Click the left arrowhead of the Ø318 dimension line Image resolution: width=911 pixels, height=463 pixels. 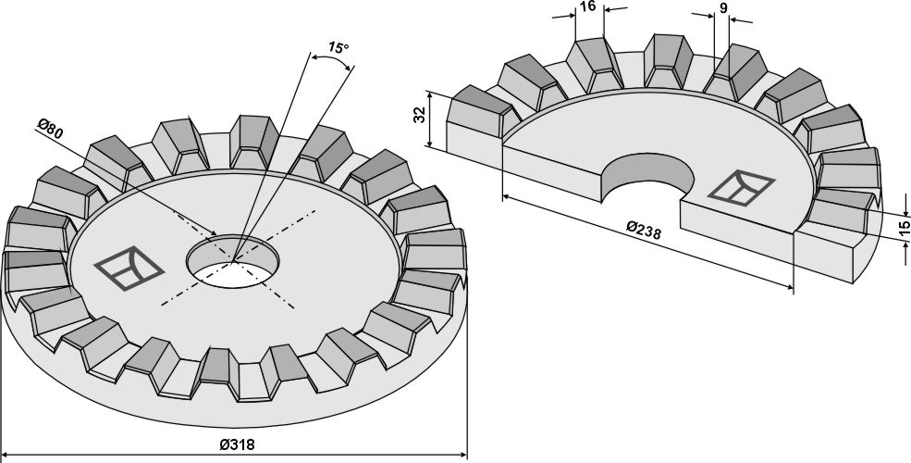tap(5, 454)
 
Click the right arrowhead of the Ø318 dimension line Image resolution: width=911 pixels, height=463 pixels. tap(463, 454)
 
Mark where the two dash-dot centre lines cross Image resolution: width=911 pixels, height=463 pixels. tap(232, 261)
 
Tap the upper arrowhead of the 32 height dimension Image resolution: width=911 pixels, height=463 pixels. tap(429, 94)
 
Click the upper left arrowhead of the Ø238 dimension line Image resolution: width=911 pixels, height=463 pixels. tap(506, 198)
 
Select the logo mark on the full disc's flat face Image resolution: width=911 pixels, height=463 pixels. tap(129, 268)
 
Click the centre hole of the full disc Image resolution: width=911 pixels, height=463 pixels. tap(232, 261)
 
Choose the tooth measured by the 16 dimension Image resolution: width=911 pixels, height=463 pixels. tap(594, 63)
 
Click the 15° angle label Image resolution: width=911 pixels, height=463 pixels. tap(339, 47)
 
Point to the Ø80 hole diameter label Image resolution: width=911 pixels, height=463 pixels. tap(50, 129)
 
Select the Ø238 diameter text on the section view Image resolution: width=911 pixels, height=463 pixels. tap(644, 230)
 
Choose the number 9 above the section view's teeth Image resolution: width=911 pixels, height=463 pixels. tap(722, 8)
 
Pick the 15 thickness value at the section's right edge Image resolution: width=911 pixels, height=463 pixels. tap(903, 229)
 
